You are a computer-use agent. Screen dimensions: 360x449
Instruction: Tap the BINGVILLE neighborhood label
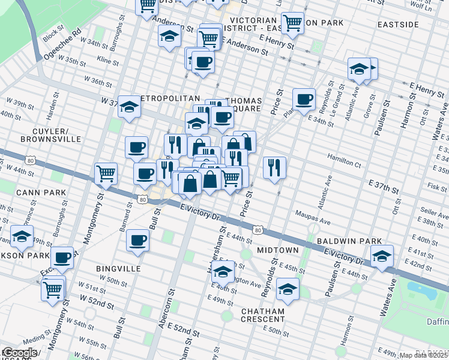pos(117,269)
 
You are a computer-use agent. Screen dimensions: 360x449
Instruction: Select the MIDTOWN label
pos(277,249)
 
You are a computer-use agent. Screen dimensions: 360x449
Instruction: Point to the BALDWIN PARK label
pos(349,241)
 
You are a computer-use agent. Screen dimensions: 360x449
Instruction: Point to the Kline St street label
pos(108,61)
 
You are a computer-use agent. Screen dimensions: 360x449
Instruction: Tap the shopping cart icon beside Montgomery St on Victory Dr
pos(106,173)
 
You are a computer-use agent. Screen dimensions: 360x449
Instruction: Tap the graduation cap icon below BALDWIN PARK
pos(382,256)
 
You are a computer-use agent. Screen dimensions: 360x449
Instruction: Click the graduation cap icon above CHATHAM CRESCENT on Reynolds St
pos(288,289)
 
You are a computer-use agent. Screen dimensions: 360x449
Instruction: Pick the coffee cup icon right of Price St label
pos(304,98)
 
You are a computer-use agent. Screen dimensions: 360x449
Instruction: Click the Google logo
pos(19,353)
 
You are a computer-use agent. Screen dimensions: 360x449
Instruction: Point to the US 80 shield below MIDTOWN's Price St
pos(257,230)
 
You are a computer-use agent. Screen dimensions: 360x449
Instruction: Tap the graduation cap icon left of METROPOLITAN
pos(129,107)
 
